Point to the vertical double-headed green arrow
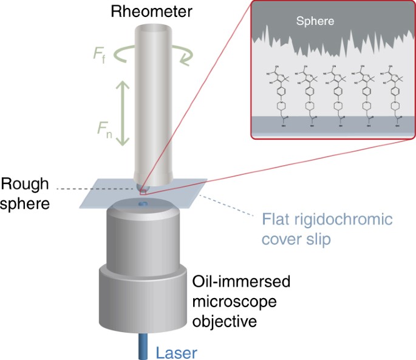point(123,114)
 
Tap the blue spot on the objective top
point(144,204)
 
